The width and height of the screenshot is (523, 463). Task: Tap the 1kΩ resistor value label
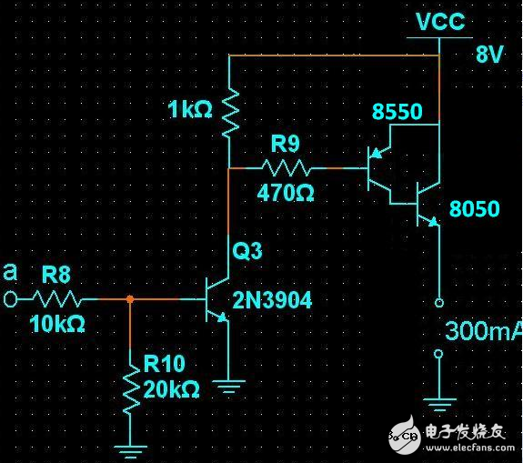coord(191,111)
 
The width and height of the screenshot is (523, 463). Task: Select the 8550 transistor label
coord(397,112)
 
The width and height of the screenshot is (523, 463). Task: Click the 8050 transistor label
coord(474,209)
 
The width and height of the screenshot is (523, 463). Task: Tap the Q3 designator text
coord(247,251)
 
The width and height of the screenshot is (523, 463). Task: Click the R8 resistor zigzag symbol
coord(59,298)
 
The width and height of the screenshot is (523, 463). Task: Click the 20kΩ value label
coord(171,389)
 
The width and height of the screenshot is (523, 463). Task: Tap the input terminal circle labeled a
coord(11,298)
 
